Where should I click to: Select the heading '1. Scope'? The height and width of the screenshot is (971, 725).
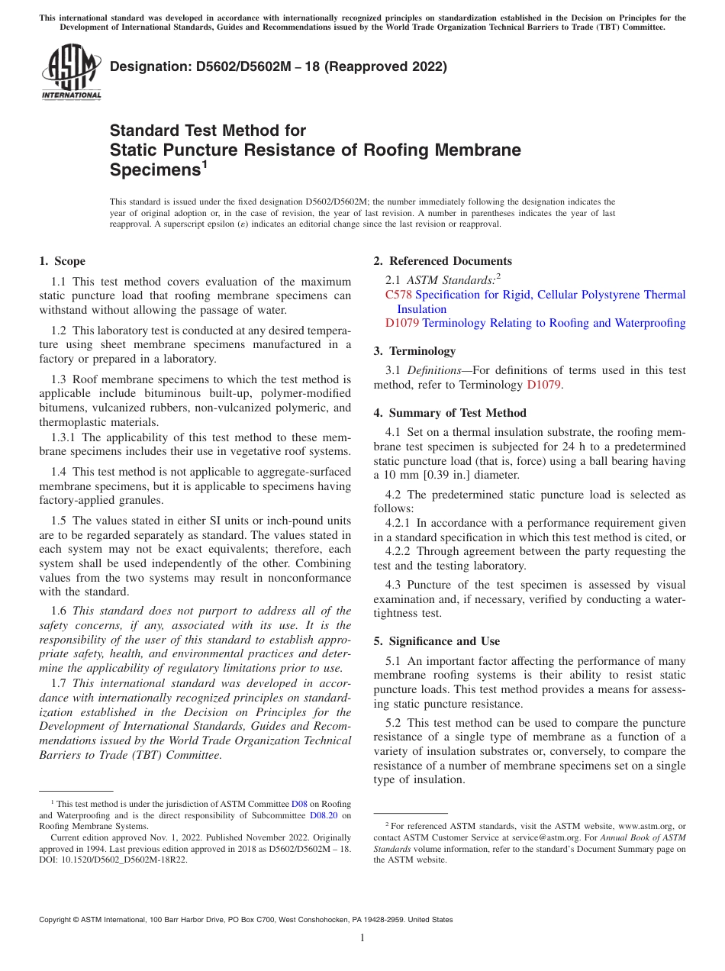point(63,261)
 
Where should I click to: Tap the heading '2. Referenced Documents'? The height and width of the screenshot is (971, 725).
point(443,261)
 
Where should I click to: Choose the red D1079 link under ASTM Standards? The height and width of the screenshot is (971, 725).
point(402,323)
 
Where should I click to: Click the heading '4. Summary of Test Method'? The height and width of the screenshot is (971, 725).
point(449,413)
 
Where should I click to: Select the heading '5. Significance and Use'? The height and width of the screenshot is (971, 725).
point(437,641)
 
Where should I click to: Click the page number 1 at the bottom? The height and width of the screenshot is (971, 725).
point(362,937)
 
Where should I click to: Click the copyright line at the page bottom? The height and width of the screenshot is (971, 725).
point(246,920)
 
